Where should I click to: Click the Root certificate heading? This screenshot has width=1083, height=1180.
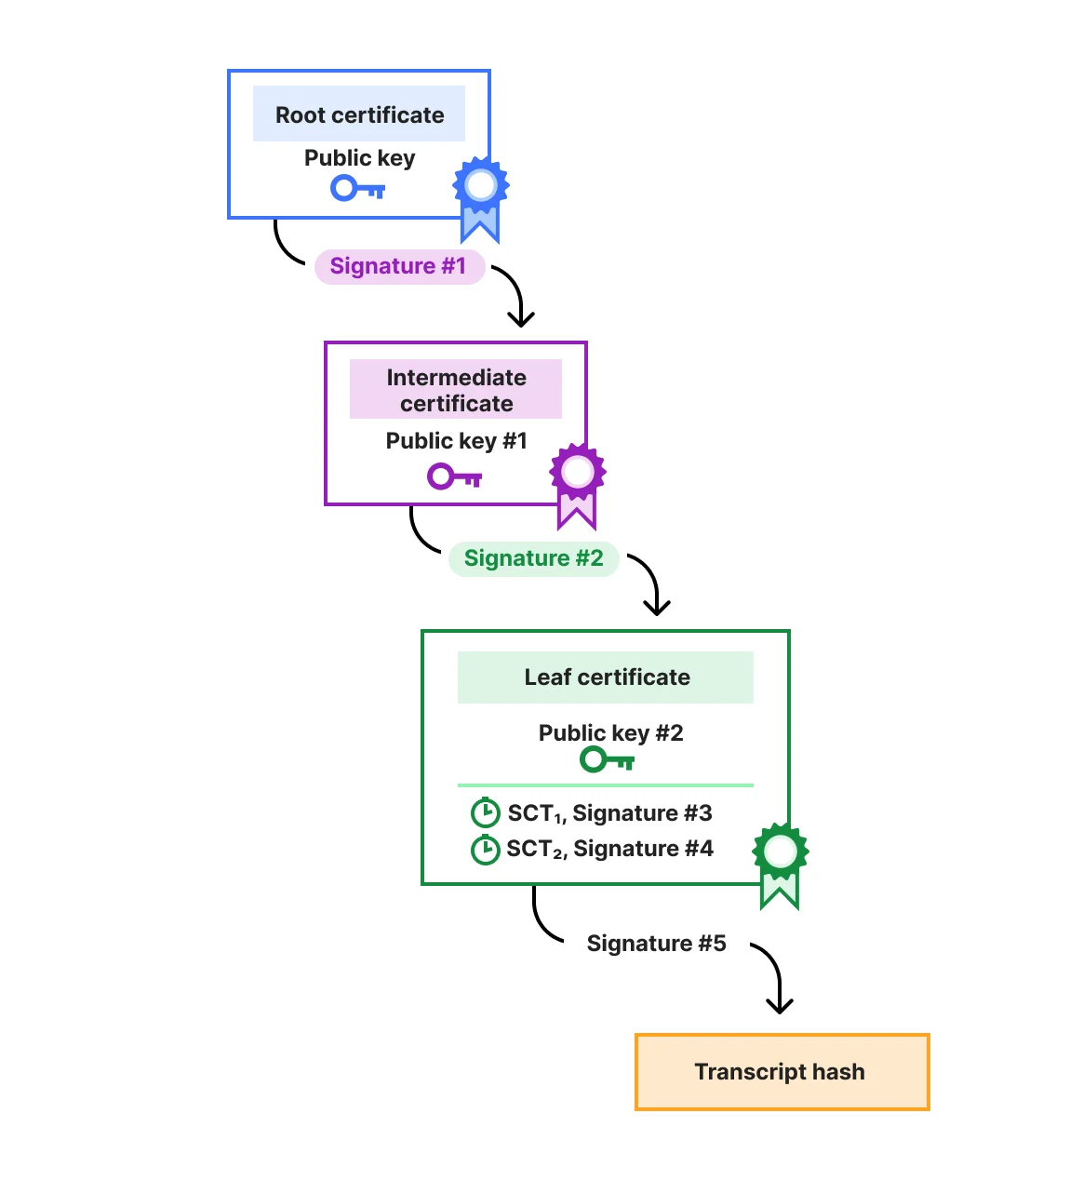coord(359,114)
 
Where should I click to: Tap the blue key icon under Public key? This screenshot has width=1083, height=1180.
coord(358,189)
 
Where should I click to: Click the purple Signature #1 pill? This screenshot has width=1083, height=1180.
coord(398,266)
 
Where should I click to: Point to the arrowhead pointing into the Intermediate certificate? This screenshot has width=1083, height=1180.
coord(521,319)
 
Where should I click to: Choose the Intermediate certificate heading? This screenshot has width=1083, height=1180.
coord(456,390)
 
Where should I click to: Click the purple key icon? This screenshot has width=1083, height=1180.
coord(454,477)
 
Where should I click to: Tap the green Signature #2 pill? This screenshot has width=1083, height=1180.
coord(533,558)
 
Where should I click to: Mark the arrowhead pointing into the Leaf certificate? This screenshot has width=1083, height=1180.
coord(657,608)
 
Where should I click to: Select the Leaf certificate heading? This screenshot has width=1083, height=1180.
coord(606,677)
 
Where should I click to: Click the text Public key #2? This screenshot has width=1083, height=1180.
coord(610,733)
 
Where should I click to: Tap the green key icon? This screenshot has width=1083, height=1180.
coord(607,760)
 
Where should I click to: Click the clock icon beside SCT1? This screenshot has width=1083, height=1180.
coord(485,813)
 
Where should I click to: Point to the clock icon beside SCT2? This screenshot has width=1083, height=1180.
coord(485,850)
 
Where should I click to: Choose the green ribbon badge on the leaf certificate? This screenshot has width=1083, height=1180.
coord(780,860)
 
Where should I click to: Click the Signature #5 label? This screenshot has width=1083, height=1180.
coord(656,944)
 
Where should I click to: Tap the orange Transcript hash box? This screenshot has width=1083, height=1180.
coord(782,1072)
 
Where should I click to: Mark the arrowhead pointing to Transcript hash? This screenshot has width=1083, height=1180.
coord(779,1006)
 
